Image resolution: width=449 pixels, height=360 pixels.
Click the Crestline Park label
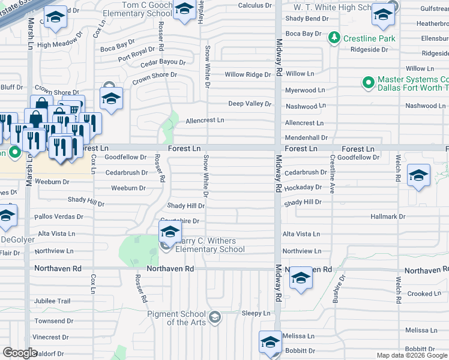pos(370,38)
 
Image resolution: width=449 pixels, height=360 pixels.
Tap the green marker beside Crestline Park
pos(334,38)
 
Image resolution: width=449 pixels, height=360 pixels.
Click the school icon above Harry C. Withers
pos(170,231)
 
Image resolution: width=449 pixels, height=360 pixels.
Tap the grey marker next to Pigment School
pos(215,316)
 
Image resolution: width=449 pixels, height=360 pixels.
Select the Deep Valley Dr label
pos(250,104)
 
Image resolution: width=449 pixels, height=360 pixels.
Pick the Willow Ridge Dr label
pos(248,75)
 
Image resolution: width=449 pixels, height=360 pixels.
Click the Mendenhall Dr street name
pos(306,138)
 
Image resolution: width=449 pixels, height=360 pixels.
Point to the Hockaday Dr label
pos(303,187)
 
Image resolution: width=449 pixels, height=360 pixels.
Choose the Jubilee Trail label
pos(52,301)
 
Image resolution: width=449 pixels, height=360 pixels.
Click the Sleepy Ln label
pos(256,313)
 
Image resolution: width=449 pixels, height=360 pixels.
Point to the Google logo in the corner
pos(20,353)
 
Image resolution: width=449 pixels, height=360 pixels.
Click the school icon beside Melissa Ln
pos(270,343)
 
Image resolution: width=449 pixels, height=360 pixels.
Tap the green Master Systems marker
pos(367,81)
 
